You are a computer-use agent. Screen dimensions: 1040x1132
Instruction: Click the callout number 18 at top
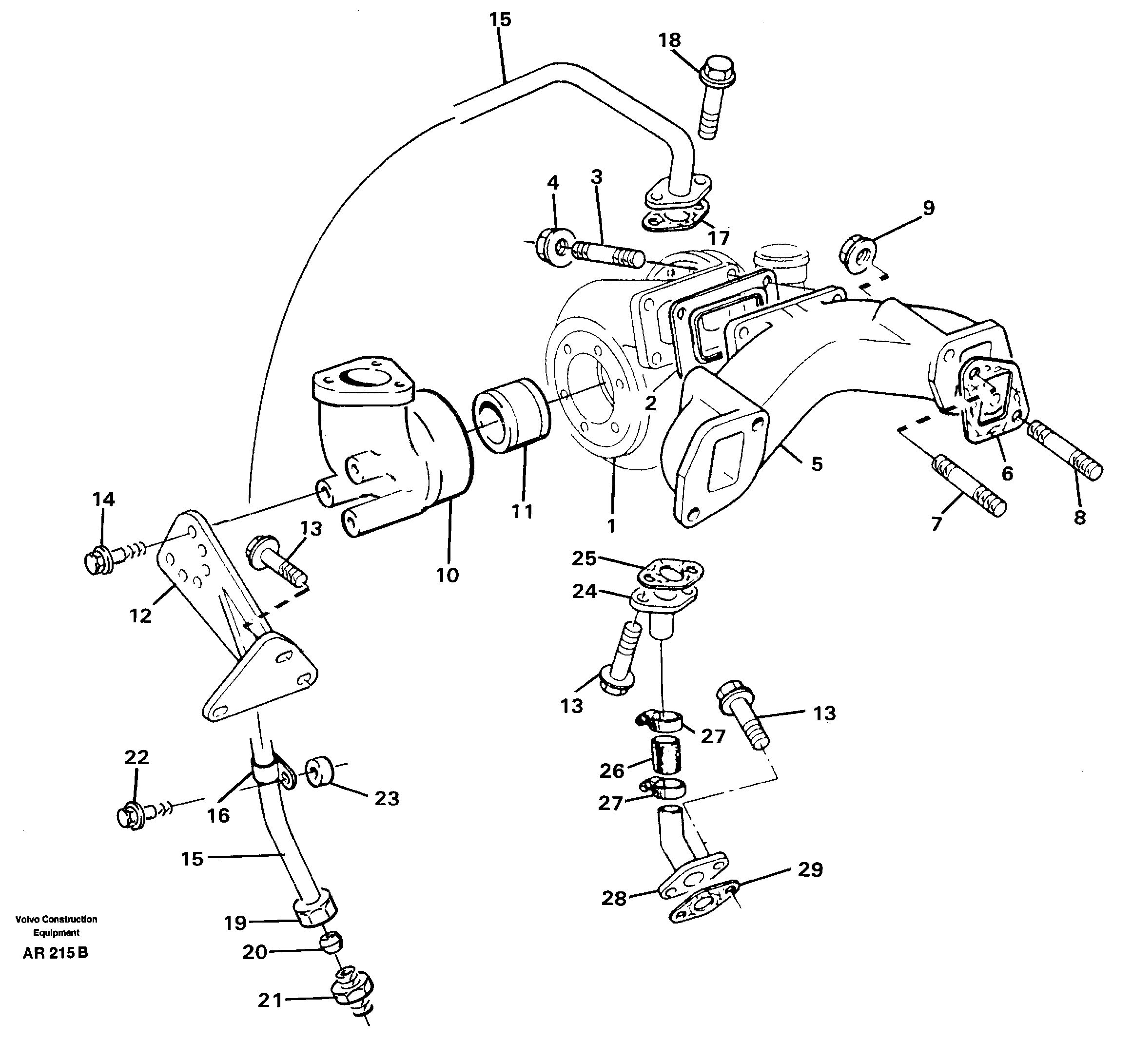click(x=669, y=40)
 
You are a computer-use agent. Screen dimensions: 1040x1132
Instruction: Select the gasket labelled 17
click(x=674, y=221)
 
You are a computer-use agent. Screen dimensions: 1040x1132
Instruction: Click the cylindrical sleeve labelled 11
click(x=511, y=415)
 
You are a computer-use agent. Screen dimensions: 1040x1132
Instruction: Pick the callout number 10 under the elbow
click(x=448, y=575)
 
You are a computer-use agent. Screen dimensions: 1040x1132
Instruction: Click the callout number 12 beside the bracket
click(x=140, y=616)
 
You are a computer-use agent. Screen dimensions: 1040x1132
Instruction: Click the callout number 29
click(x=810, y=869)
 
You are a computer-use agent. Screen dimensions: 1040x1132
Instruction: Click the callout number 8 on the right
click(x=1079, y=517)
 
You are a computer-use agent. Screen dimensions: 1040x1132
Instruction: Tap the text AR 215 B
click(x=55, y=953)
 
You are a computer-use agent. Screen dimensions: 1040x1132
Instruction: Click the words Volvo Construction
click(x=56, y=919)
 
